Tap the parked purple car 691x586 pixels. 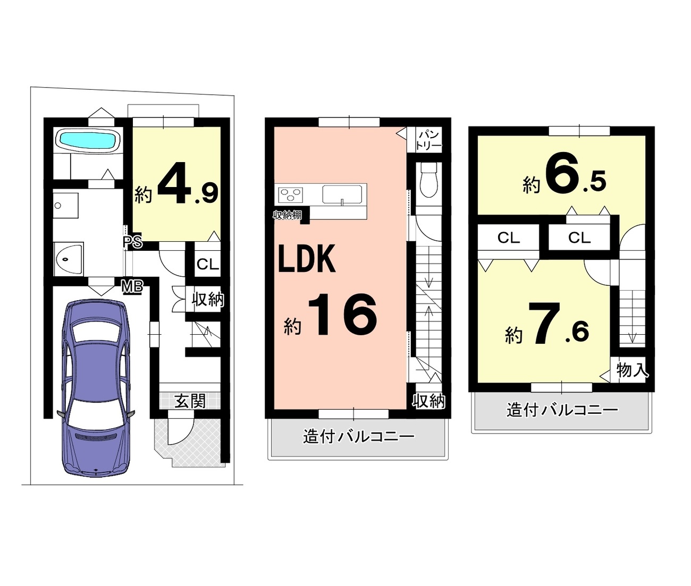96,387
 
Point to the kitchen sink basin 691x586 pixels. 342,194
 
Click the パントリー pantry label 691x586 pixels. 429,141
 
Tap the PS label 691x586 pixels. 133,242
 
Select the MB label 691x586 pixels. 132,287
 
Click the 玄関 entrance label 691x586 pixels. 190,401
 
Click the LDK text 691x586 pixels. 307,259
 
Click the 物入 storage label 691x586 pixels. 632,370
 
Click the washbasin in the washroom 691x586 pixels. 69,259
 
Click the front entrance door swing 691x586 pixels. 181,428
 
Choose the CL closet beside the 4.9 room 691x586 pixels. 208,264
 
